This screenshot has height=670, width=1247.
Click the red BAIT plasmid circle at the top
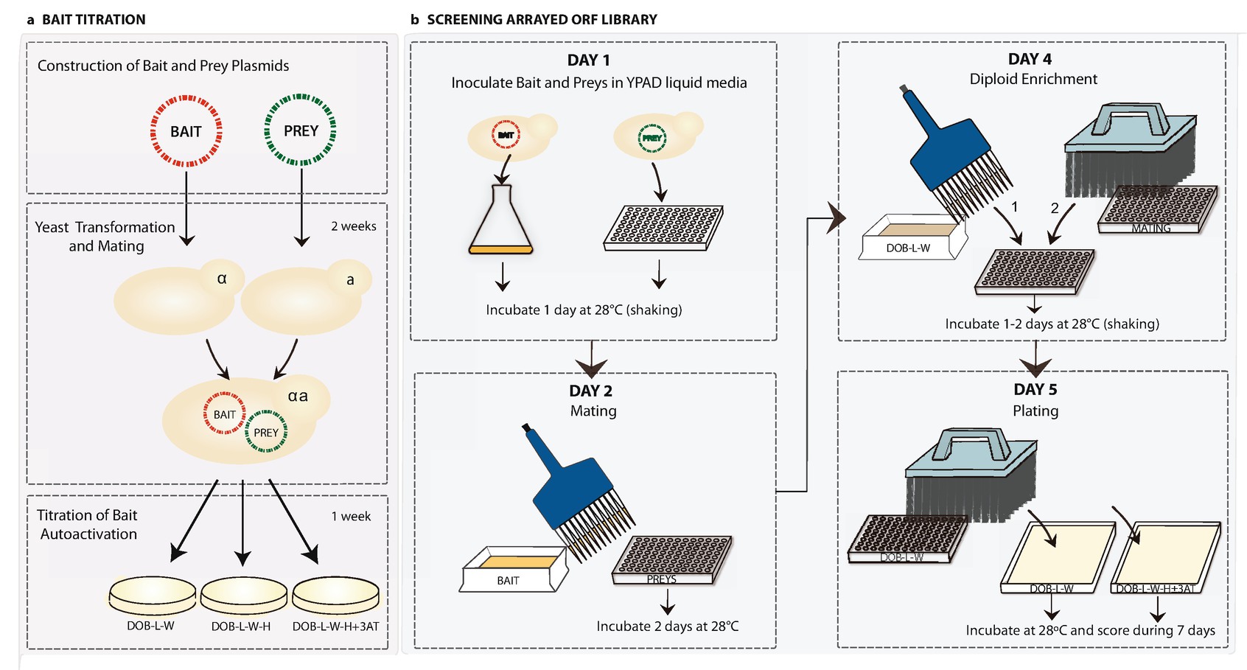pyautogui.click(x=186, y=131)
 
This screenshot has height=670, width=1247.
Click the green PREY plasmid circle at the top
pyautogui.click(x=301, y=130)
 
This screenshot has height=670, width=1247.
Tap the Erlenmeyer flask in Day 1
pyautogui.click(x=501, y=221)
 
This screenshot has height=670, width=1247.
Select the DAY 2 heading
pyautogui.click(x=590, y=391)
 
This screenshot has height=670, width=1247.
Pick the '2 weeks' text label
pyautogui.click(x=353, y=226)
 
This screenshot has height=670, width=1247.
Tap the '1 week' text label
pyautogui.click(x=351, y=516)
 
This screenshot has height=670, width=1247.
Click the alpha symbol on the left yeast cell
pyautogui.click(x=222, y=279)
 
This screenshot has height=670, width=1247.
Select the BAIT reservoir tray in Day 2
pyautogui.click(x=514, y=569)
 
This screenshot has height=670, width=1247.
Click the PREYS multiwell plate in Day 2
pyautogui.click(x=672, y=558)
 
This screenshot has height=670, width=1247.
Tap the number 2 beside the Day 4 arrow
pyautogui.click(x=1055, y=208)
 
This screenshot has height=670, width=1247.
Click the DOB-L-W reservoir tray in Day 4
pyautogui.click(x=912, y=237)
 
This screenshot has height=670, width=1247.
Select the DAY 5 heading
pyautogui.click(x=1035, y=389)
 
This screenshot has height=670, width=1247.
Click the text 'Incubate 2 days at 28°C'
pyautogui.click(x=667, y=626)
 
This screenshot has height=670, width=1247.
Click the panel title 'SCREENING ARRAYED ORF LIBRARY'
pyautogui.click(x=542, y=19)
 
